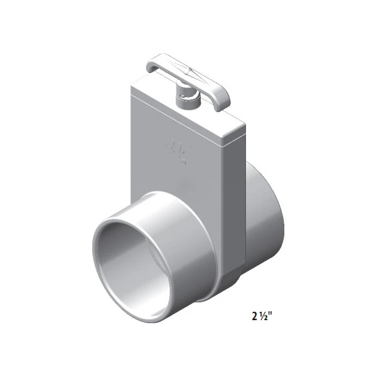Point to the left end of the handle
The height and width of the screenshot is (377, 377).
[x=151, y=62]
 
